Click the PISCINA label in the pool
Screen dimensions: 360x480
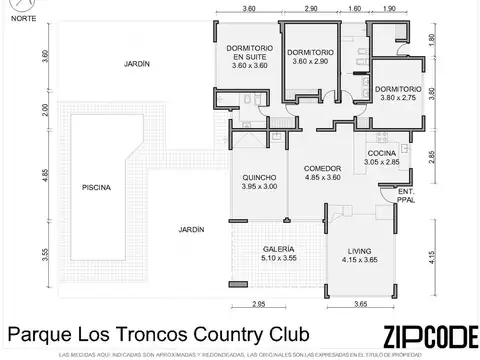pyautogui.click(x=97, y=187)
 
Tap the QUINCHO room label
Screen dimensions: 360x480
pyautogui.click(x=258, y=181)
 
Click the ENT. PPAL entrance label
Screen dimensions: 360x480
pyautogui.click(x=406, y=194)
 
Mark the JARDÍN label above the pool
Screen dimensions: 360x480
pyautogui.click(x=138, y=63)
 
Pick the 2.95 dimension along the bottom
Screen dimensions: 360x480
pyautogui.click(x=257, y=303)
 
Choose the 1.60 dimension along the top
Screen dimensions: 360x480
pyautogui.click(x=356, y=8)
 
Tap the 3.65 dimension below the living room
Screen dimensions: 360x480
pyautogui.click(x=363, y=303)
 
